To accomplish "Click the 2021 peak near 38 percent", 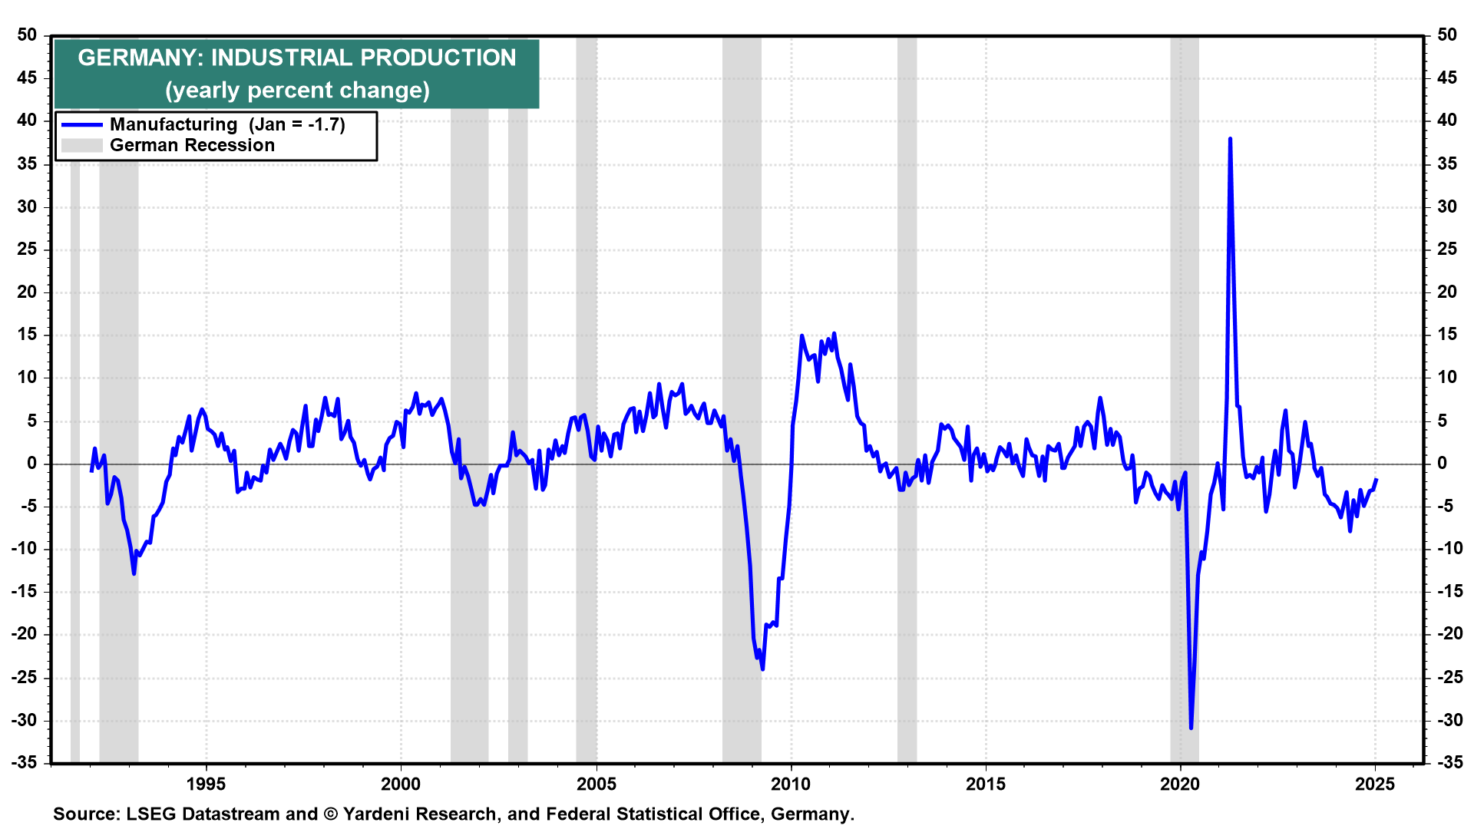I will pyautogui.click(x=1230, y=140).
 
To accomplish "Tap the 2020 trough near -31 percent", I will pyautogui.click(x=1191, y=727).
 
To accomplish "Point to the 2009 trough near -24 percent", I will pyautogui.click(x=762, y=668).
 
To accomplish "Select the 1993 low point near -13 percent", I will pyautogui.click(x=134, y=573).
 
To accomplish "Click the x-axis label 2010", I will pyautogui.click(x=791, y=784).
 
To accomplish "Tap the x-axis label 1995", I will pyautogui.click(x=206, y=784).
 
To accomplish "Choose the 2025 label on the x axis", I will pyautogui.click(x=1375, y=784).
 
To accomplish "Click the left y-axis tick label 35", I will pyautogui.click(x=27, y=163).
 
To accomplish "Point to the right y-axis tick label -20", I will pyautogui.click(x=1447, y=634).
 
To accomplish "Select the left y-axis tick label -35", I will pyautogui.click(x=24, y=762).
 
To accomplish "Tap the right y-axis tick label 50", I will pyautogui.click(x=1447, y=35).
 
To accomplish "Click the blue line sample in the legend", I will pyautogui.click(x=82, y=125).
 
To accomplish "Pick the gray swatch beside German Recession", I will pyautogui.click(x=82, y=146).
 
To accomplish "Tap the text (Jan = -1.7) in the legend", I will pyautogui.click(x=296, y=125).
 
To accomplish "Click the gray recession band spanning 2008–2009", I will pyautogui.click(x=742, y=230).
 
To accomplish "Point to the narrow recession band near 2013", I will pyautogui.click(x=907, y=230).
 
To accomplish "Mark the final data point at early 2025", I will pyautogui.click(x=1376, y=479).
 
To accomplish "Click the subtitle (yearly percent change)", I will pyautogui.click(x=297, y=91).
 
